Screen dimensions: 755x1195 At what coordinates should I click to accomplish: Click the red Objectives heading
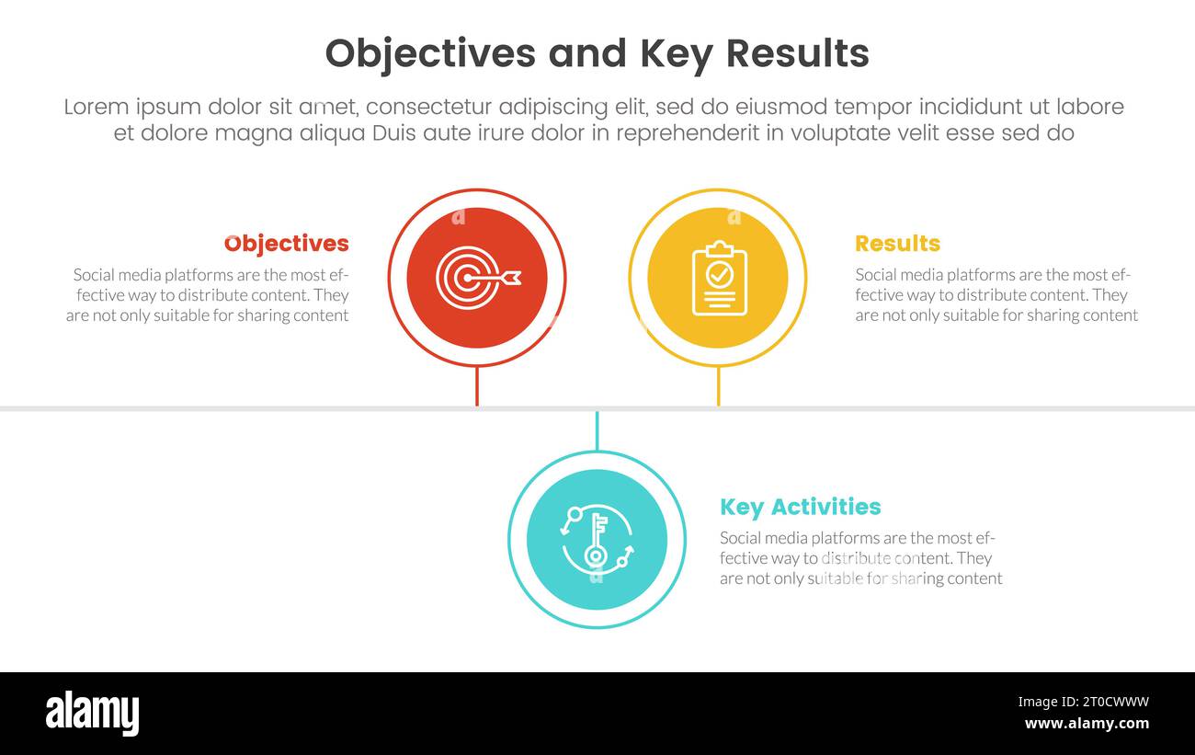287,244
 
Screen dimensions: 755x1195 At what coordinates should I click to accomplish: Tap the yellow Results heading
897,244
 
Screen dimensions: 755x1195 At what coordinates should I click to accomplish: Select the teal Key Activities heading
800,507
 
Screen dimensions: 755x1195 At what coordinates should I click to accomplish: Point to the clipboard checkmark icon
719,278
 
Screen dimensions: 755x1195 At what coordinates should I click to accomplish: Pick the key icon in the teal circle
597,540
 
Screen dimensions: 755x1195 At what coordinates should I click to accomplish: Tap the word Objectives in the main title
430,54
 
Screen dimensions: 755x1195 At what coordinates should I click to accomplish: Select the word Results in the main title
797,54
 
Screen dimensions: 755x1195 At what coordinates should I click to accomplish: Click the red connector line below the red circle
476,386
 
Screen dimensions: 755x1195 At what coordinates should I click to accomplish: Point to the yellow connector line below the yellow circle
718,386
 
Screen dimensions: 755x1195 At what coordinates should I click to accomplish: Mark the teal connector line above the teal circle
597,431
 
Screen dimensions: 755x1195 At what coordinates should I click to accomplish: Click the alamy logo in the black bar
92,714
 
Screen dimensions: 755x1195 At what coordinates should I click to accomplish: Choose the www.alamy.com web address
1087,724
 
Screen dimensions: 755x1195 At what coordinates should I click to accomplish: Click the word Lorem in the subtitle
96,107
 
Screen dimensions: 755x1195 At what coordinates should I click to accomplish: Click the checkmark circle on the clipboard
720,273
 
